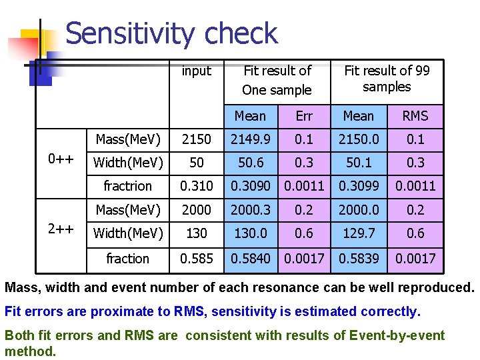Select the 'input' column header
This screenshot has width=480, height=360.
coord(196,71)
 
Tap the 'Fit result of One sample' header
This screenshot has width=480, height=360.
coord(277,80)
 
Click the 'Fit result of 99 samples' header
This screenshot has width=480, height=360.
coord(387,79)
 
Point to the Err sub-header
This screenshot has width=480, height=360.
coord(304,116)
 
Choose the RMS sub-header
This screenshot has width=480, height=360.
coord(415,116)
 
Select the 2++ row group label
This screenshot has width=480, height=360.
coord(61,228)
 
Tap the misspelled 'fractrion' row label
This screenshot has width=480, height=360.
coord(127,186)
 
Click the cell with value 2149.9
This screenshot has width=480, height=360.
coord(251,139)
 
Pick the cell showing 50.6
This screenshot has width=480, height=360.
coord(251,163)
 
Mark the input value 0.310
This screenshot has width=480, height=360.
coord(197,186)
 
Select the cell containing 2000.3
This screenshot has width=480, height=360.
coord(251,210)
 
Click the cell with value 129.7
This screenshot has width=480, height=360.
coord(359,233)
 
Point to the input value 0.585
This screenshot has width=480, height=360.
coord(197,258)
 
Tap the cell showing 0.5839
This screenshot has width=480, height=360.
coord(359,258)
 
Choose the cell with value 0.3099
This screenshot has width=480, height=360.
coord(359,186)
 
